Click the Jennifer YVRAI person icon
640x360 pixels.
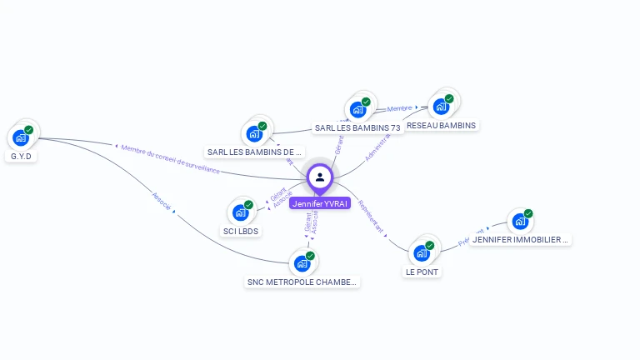point(320,177)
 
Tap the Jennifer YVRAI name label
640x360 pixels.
point(320,203)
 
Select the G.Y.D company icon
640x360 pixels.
point(21,137)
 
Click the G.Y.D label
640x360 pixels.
point(21,156)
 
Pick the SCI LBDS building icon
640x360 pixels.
point(241,212)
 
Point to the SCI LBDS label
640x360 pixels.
point(241,231)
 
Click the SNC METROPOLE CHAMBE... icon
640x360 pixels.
point(302,263)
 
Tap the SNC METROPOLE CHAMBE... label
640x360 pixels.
point(302,282)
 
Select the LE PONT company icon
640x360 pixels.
point(422,252)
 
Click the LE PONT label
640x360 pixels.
point(422,272)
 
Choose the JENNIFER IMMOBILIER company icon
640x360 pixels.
point(520,222)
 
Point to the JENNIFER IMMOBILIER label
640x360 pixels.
point(520,240)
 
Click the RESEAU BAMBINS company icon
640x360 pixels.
point(441,106)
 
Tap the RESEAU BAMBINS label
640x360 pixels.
point(441,125)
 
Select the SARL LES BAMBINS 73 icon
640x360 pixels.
point(357,109)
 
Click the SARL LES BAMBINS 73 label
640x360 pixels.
point(357,127)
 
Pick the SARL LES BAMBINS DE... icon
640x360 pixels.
point(254,133)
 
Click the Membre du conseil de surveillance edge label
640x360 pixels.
point(170,159)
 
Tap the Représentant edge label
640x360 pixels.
point(371,216)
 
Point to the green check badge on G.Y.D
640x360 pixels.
point(28,130)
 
